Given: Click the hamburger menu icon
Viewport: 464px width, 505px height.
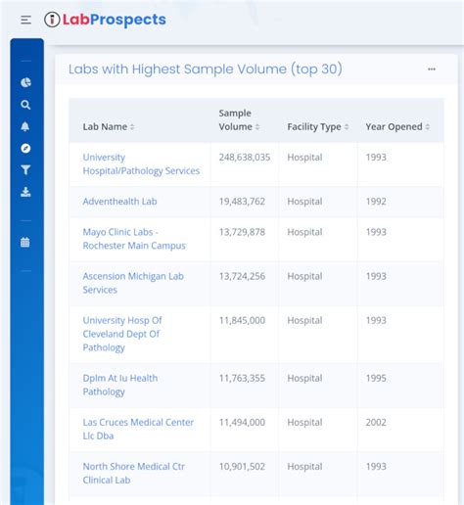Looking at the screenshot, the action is pyautogui.click(x=25, y=20).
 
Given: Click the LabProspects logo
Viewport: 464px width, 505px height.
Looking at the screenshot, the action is pyautogui.click(x=105, y=20).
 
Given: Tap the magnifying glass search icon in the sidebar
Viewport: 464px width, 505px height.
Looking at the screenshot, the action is pyautogui.click(x=25, y=105).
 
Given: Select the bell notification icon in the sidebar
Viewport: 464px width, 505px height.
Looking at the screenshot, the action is pyautogui.click(x=25, y=126).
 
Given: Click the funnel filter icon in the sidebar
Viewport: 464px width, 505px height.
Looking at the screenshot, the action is pyautogui.click(x=25, y=169).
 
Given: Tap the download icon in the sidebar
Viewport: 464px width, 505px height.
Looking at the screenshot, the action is pyautogui.click(x=25, y=192).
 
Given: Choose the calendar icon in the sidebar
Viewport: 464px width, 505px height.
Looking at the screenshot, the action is pyautogui.click(x=25, y=242).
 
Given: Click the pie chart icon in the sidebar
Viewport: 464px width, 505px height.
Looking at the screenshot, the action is pyautogui.click(x=25, y=82).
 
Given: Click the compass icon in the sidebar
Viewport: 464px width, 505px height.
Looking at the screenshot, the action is pyautogui.click(x=25, y=148).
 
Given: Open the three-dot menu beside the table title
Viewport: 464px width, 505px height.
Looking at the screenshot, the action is pyautogui.click(x=432, y=69).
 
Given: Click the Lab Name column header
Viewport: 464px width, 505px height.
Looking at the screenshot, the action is pyautogui.click(x=105, y=126).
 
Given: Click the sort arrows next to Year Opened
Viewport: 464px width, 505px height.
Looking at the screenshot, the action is pyautogui.click(x=428, y=127).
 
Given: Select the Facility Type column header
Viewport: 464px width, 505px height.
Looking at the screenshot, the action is pyautogui.click(x=314, y=126).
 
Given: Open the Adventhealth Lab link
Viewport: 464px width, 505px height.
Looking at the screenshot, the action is pyautogui.click(x=119, y=202).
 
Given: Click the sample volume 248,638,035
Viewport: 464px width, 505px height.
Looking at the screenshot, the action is pyautogui.click(x=245, y=158).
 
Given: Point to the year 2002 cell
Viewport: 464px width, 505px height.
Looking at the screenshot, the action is pyautogui.click(x=376, y=422).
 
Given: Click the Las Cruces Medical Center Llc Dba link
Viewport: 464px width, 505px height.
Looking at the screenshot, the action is pyautogui.click(x=138, y=429).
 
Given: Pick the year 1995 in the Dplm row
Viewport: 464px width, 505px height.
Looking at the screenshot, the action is pyautogui.click(x=376, y=378).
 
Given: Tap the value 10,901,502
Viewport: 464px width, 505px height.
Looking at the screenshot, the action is pyautogui.click(x=242, y=467).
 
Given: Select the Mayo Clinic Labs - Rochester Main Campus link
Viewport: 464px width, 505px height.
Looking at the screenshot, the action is pyautogui.click(x=134, y=239).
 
